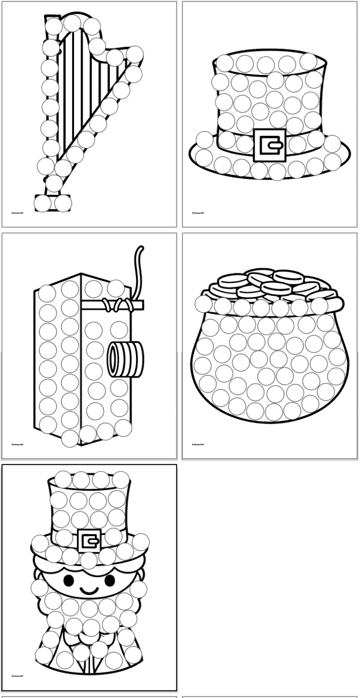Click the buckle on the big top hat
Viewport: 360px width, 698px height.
point(270,145)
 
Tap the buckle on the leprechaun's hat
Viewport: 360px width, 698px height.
point(90,540)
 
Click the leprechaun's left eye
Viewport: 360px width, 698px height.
point(68,581)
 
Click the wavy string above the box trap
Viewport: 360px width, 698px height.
point(137,270)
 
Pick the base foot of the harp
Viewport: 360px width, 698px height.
point(53,203)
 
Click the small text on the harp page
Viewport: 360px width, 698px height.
point(18,213)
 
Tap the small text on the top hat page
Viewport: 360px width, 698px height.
point(198,213)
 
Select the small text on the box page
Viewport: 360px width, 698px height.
point(18,444)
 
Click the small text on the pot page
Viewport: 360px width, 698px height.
point(198,444)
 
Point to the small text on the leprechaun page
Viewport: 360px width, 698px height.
point(18,676)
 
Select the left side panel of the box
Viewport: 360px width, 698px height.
point(57,360)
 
